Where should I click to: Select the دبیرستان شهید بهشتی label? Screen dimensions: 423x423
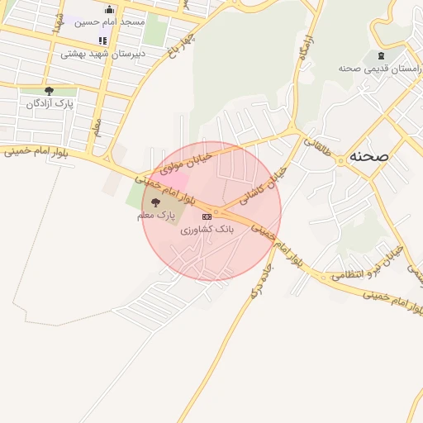pos(102,54)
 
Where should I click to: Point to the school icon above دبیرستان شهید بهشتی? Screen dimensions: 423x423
pos(102,40)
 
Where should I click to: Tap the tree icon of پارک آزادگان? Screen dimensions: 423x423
pos(49,91)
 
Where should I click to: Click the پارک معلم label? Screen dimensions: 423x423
pos(157,215)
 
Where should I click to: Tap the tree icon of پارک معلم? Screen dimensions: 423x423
pos(157,202)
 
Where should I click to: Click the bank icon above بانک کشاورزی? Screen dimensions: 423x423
pos(207,216)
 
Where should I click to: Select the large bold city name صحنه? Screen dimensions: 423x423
pos(368,154)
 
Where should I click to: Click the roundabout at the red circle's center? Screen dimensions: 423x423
pos(212,212)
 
